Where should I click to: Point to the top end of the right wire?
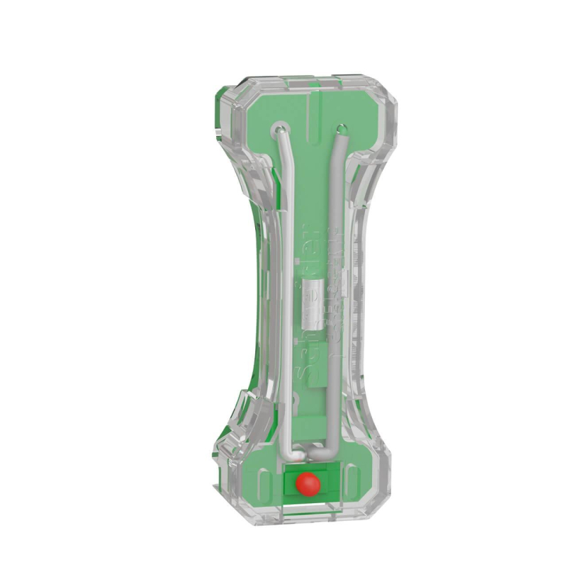point(342,130)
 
